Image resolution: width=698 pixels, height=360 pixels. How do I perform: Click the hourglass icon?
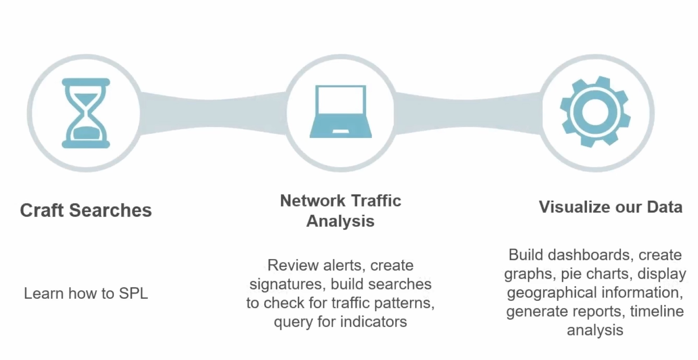[x=86, y=113]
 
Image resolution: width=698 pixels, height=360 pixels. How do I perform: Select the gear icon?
[x=595, y=112]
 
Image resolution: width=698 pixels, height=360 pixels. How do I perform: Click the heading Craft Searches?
[x=86, y=210]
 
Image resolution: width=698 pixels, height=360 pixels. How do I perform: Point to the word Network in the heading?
[x=313, y=201]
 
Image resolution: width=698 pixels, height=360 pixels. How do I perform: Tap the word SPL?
[x=133, y=293]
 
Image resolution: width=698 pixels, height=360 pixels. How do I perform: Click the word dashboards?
[x=591, y=255]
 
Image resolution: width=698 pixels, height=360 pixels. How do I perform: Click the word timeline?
[x=657, y=311]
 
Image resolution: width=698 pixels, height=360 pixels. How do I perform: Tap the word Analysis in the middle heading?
[x=340, y=221]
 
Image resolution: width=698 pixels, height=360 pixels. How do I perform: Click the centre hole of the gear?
[x=595, y=112]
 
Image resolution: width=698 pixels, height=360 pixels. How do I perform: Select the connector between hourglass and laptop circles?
[x=213, y=113]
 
